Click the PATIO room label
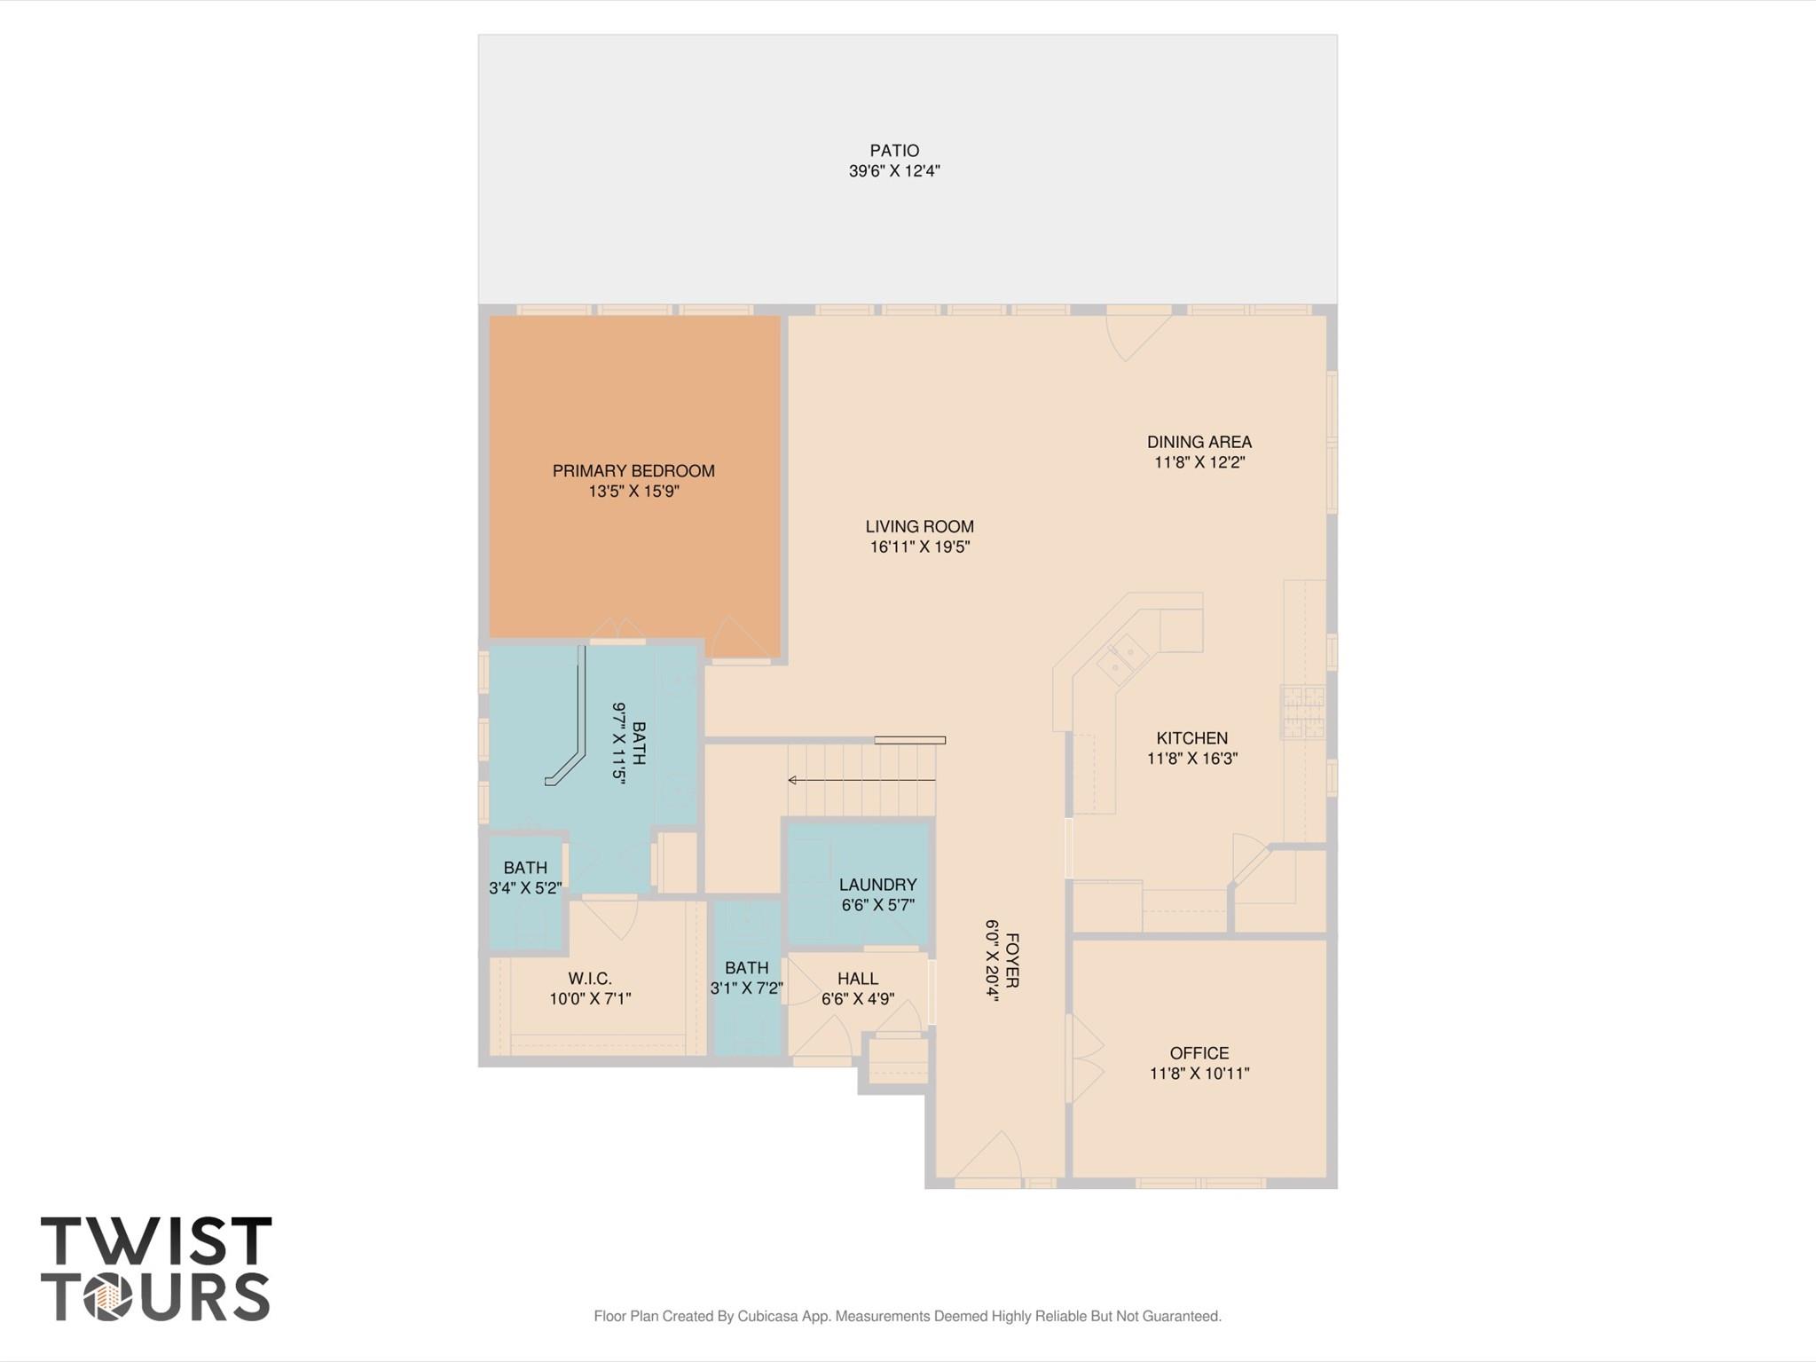coord(893,151)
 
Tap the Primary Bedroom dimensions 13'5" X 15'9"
coord(633,492)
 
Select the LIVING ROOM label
coord(919,526)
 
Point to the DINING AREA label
coord(1199,442)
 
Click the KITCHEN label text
coord(1191,738)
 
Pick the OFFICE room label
coord(1199,1053)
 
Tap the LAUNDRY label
coord(877,885)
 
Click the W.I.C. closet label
coord(590,979)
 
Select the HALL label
coord(857,979)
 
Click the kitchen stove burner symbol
coord(1302,711)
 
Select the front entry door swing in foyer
coord(990,1159)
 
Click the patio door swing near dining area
coord(1135,335)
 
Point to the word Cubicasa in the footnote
coord(767,1316)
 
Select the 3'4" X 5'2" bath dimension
coord(525,887)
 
